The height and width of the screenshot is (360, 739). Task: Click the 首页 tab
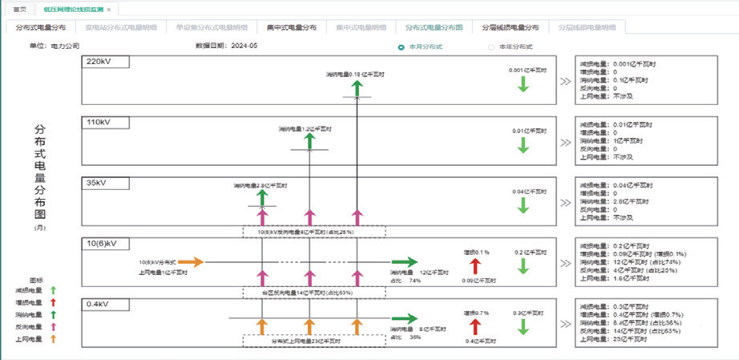[x=20, y=9]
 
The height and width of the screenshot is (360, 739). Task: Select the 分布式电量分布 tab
[x=41, y=27]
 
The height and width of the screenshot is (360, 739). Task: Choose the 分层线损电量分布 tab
[x=510, y=27]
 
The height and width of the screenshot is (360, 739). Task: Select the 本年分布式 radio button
[x=491, y=47]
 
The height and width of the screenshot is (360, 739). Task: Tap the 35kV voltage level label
[x=95, y=182]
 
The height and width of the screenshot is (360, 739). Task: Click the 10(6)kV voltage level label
[x=102, y=243]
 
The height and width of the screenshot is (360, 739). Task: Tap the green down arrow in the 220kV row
[x=523, y=84]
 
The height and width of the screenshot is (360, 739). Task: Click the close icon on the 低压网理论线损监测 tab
[x=109, y=9]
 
